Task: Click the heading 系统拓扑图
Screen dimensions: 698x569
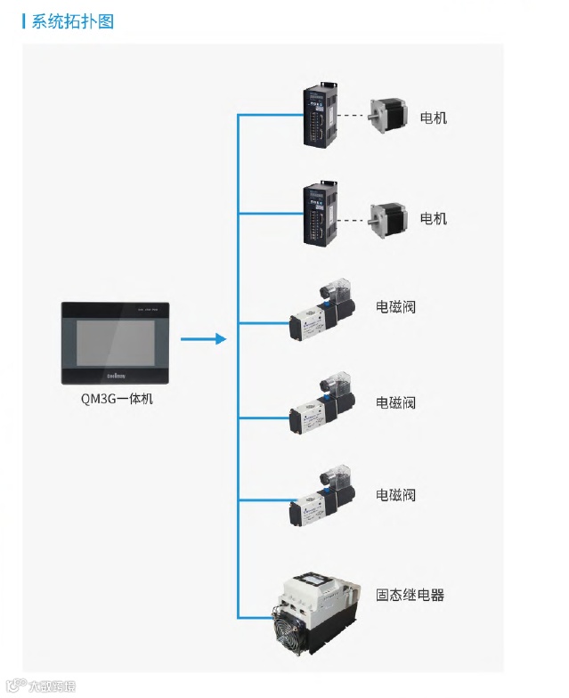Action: coord(72,21)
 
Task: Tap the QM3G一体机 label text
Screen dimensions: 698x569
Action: coord(117,399)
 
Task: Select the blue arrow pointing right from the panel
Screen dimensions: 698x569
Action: coord(203,339)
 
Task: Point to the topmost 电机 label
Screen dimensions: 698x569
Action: coord(434,118)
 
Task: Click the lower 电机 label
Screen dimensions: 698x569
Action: coord(434,218)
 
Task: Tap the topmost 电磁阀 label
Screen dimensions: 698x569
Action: coord(395,307)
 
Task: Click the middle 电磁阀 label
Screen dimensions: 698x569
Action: coord(395,402)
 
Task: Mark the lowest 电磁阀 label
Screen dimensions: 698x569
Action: coord(395,495)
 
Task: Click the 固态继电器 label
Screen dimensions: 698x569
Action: coord(410,595)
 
